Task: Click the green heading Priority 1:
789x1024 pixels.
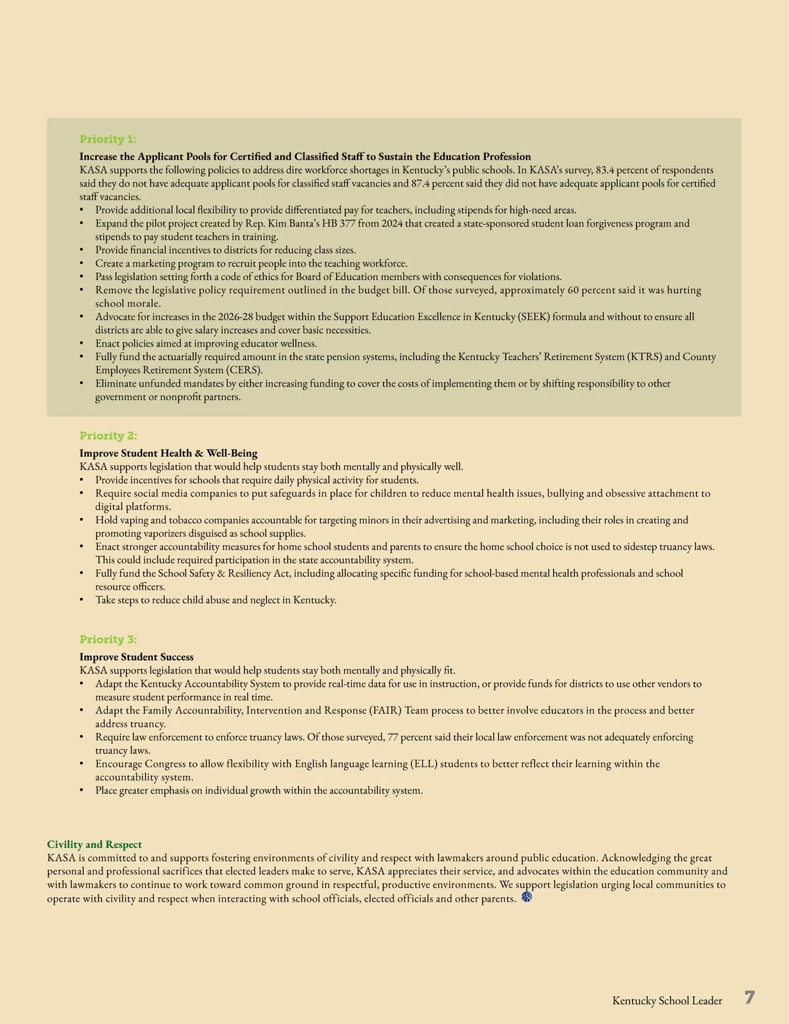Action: (108, 139)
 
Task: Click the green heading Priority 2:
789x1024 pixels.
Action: (108, 436)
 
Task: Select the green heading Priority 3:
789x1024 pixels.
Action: (108, 640)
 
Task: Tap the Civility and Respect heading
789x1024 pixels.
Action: (94, 845)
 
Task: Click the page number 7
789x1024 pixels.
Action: (750, 998)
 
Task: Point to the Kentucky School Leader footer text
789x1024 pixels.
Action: (667, 1001)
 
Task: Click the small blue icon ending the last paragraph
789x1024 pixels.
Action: (527, 897)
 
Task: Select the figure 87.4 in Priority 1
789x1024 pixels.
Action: (423, 183)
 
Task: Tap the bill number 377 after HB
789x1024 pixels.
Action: (348, 223)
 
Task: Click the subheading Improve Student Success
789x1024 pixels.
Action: (136, 657)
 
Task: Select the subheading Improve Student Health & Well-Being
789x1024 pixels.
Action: (168, 454)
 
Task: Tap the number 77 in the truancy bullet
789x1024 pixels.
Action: (393, 737)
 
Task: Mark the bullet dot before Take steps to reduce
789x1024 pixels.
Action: (82, 600)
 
